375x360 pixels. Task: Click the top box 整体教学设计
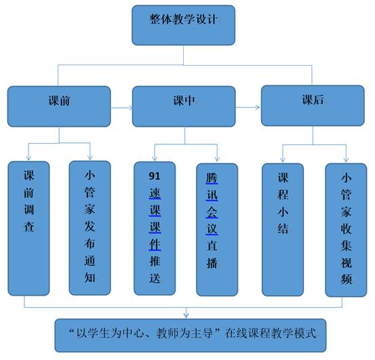(x=184, y=25)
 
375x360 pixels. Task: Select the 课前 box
(x=59, y=106)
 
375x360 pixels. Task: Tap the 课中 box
(x=184, y=106)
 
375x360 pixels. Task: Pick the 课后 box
(x=313, y=106)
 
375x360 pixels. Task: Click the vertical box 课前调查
(x=28, y=228)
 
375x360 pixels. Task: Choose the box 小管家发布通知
(x=90, y=228)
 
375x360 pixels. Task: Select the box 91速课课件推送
(x=155, y=228)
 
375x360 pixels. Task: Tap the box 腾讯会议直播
(x=217, y=230)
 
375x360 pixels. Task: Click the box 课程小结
(x=283, y=230)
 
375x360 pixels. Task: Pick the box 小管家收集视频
(x=346, y=231)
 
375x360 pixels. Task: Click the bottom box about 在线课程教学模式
(x=191, y=336)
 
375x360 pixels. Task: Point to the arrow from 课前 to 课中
(x=122, y=108)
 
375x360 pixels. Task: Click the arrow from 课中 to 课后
(x=248, y=107)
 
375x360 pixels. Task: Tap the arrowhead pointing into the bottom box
(x=186, y=315)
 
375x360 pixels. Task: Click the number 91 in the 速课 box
(x=155, y=176)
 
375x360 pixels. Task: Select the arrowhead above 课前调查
(x=28, y=158)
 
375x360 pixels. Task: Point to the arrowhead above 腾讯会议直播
(x=217, y=159)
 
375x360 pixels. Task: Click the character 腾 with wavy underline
(x=212, y=178)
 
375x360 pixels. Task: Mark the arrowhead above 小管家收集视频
(x=346, y=159)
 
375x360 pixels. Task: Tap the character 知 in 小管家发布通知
(x=90, y=277)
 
